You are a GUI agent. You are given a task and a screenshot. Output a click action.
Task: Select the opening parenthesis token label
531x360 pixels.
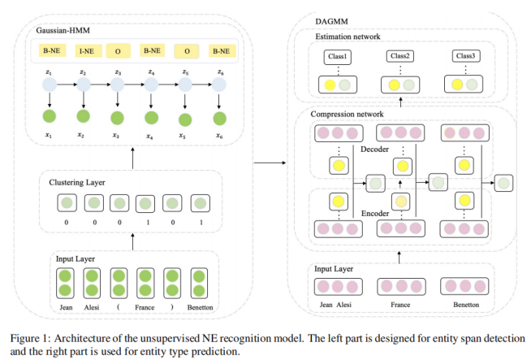tap(118, 307)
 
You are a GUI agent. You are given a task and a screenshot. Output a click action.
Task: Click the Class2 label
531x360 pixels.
tap(398, 58)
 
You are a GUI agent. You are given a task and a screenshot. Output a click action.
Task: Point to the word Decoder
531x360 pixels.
tap(374, 150)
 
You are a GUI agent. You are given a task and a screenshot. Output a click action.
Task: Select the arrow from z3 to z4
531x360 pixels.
tap(135, 85)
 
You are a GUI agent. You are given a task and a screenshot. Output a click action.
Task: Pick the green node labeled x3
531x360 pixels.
tap(118, 120)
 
